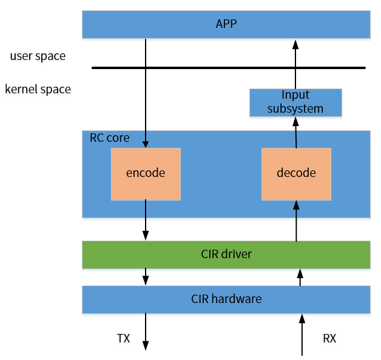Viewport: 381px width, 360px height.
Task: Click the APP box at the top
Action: (226, 24)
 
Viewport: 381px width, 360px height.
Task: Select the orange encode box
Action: (146, 173)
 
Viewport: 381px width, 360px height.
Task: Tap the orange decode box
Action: (296, 173)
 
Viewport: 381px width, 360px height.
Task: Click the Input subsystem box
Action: (295, 102)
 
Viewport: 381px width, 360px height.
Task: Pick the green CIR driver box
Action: (226, 255)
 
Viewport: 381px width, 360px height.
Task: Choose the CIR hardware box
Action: (226, 299)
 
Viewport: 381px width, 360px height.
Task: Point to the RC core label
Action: (110, 138)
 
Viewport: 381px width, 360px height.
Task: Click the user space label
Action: (38, 56)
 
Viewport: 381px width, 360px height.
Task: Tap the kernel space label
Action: (38, 90)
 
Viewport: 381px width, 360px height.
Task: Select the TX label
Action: (123, 338)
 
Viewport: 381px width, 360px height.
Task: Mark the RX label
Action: (329, 338)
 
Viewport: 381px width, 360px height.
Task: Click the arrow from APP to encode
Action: (146, 91)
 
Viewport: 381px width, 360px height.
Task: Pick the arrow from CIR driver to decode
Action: (297, 222)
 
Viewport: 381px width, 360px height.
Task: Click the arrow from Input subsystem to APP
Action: (295, 64)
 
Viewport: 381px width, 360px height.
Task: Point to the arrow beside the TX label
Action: (146, 331)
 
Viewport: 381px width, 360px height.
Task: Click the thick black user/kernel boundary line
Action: (228, 68)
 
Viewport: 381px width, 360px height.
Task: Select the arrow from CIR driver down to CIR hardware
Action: (146, 277)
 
